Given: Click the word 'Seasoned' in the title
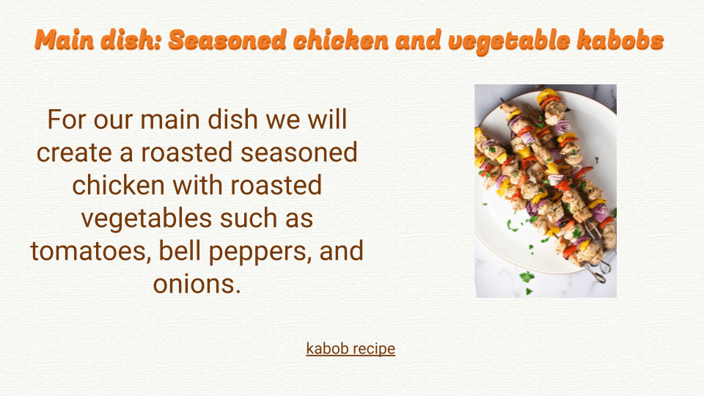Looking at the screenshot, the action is (227, 40).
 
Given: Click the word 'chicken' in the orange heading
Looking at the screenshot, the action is (341, 40).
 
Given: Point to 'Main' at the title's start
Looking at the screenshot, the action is (65, 40).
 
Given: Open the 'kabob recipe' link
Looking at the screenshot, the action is (351, 348).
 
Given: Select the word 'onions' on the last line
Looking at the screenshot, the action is (197, 285).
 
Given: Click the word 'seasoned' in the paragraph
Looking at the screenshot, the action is (299, 153).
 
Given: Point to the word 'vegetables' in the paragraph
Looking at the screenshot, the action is (147, 219).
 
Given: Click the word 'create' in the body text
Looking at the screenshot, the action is (74, 153).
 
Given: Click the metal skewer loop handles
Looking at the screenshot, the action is (600, 268).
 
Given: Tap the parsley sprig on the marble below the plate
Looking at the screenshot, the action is (527, 276).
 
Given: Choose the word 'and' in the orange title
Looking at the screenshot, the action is (419, 40).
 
